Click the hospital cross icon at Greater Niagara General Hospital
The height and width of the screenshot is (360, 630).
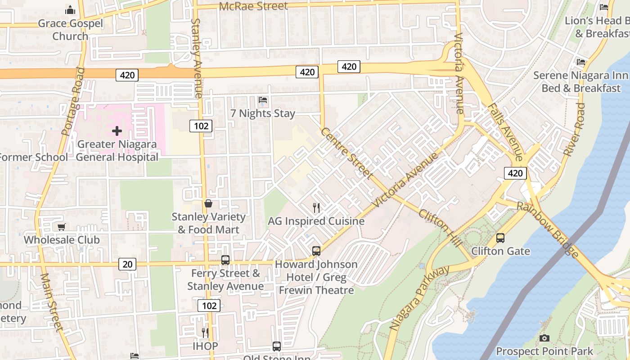[x=117, y=131]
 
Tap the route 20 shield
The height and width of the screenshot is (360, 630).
[x=128, y=264]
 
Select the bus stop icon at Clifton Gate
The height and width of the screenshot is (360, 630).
[x=500, y=238]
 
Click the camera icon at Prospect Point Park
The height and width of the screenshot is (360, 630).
[x=544, y=338]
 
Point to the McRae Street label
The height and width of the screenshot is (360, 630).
[x=253, y=6]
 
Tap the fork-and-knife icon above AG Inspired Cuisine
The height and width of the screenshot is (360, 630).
[x=316, y=207]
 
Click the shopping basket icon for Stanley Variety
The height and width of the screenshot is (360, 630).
[x=208, y=203]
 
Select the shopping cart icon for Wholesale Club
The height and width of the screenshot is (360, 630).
[x=61, y=227]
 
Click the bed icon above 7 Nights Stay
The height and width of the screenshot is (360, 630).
[x=263, y=99]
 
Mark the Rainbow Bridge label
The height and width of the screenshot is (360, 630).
[x=548, y=229]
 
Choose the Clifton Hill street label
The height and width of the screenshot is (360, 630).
[x=440, y=228]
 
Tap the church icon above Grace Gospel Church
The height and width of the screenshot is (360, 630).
[x=70, y=9]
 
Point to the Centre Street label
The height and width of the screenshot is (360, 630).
[x=346, y=153]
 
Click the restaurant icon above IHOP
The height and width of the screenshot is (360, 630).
[x=205, y=333]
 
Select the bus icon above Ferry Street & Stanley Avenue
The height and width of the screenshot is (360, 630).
[x=225, y=260]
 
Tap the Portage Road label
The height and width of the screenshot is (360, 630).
[x=72, y=101]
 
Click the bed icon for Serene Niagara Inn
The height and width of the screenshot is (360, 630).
[x=581, y=62]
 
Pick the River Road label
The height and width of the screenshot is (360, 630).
[x=575, y=130]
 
